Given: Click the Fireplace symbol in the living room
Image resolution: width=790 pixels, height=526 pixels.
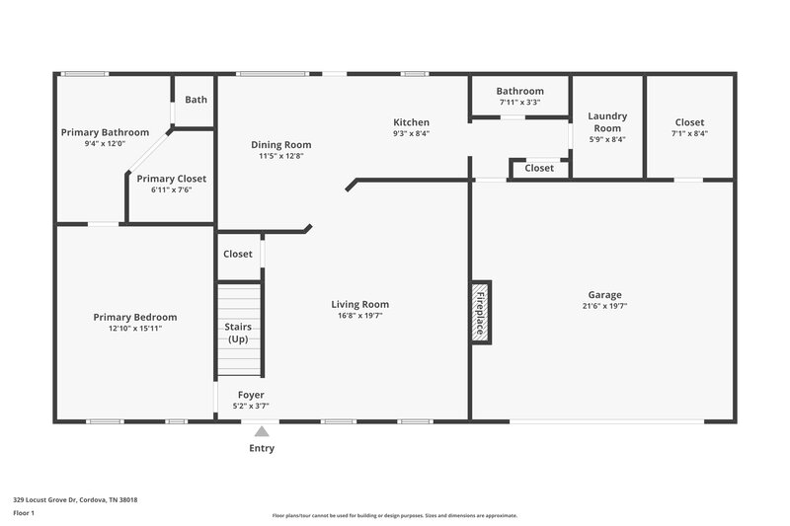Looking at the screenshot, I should [x=480, y=312].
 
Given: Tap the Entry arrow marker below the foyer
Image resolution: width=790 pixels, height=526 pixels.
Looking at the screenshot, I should [x=262, y=431].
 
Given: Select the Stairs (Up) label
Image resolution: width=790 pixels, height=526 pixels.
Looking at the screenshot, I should [x=238, y=333].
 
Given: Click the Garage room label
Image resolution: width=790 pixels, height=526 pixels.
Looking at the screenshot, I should [x=605, y=294].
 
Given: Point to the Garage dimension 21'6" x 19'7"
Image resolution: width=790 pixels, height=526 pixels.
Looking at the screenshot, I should [x=605, y=306].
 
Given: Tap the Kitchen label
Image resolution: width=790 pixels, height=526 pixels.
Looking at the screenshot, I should [x=411, y=122].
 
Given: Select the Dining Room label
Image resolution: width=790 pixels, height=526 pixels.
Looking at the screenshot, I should [x=280, y=144].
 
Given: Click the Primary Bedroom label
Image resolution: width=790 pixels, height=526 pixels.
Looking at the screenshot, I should [x=135, y=317].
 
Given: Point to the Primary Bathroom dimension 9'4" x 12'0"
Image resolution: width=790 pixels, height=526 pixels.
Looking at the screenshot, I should [x=105, y=144].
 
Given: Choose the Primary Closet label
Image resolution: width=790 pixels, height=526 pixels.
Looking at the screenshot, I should [x=172, y=179].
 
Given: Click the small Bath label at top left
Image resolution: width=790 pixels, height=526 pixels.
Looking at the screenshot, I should [x=196, y=99].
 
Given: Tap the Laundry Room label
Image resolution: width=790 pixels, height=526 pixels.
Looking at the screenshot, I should [x=607, y=121].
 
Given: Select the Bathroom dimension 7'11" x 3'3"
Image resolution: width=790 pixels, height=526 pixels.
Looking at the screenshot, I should [x=519, y=102].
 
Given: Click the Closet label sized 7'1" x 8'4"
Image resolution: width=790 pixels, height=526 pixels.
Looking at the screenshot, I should [x=689, y=122].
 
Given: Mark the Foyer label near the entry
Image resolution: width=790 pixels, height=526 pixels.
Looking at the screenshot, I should [x=251, y=395].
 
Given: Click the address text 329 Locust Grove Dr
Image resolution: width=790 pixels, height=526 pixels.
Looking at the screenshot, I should [x=75, y=499].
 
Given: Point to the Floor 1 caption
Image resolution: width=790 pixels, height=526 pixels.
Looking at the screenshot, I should [x=24, y=513].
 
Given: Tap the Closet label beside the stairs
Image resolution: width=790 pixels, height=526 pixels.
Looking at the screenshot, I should [x=238, y=254].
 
